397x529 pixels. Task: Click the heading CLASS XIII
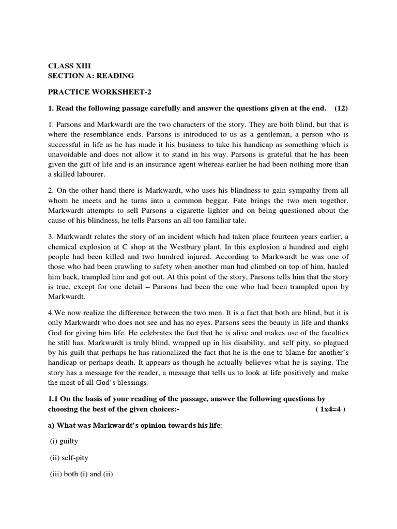point(68,66)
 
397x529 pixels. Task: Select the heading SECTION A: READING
point(91,75)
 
